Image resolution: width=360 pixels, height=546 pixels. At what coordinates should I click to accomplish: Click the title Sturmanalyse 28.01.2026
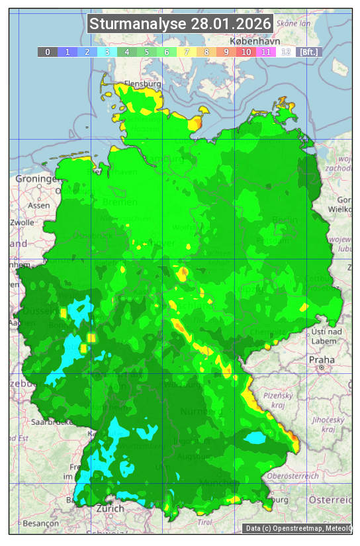180,24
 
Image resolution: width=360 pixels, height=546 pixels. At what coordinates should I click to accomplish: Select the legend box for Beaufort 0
48,52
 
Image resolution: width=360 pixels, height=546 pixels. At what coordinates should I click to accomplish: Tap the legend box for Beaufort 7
187,52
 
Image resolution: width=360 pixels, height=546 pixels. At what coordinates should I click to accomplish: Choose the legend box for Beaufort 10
246,52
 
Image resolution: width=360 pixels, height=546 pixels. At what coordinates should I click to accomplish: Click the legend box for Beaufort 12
286,52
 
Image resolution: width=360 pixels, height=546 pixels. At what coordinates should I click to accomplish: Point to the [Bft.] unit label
308,52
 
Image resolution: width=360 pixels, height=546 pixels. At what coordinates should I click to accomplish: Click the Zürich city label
110,508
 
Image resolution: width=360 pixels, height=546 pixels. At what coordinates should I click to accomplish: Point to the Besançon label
39,522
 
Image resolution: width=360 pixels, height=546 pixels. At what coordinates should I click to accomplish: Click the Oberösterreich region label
293,476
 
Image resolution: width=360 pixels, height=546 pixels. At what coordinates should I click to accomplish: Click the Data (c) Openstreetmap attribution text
298,528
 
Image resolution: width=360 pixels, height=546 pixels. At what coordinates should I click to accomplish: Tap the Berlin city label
285,220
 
